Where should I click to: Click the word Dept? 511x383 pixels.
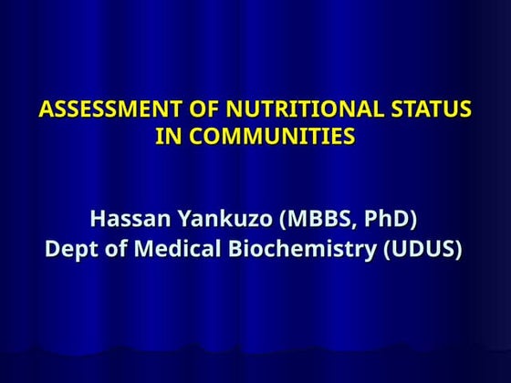69,249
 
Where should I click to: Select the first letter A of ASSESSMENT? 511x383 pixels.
47,111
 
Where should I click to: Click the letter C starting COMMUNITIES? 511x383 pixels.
191,137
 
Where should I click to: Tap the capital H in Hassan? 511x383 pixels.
99,220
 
